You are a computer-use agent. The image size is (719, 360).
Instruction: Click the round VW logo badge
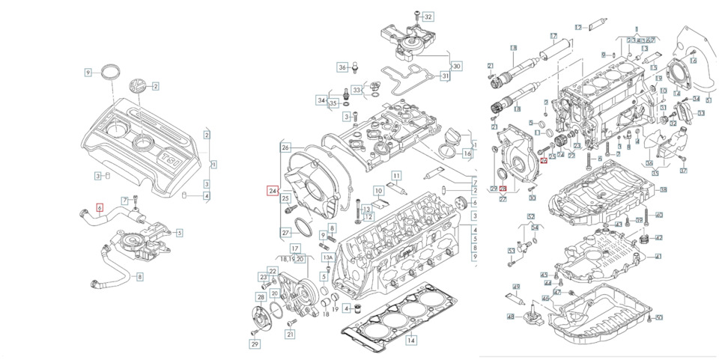click(139, 86)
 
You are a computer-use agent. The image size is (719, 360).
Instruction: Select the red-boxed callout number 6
click(100, 207)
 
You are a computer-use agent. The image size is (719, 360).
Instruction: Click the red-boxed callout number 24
click(273, 192)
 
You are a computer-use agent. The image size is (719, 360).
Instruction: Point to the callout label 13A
click(327, 257)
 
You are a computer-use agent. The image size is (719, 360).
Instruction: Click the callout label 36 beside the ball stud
click(342, 67)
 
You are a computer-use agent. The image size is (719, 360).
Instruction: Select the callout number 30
click(456, 66)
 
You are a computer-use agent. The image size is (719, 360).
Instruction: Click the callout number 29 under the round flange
click(254, 344)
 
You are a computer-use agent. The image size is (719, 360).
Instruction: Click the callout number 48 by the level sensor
click(511, 317)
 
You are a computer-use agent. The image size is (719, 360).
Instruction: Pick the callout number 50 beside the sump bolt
click(659, 318)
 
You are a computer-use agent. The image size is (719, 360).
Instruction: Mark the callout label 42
click(658, 237)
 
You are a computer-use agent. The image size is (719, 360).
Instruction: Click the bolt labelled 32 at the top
click(413, 15)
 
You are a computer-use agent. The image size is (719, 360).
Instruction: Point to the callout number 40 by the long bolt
click(658, 215)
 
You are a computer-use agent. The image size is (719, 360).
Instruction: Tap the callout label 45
click(544, 275)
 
